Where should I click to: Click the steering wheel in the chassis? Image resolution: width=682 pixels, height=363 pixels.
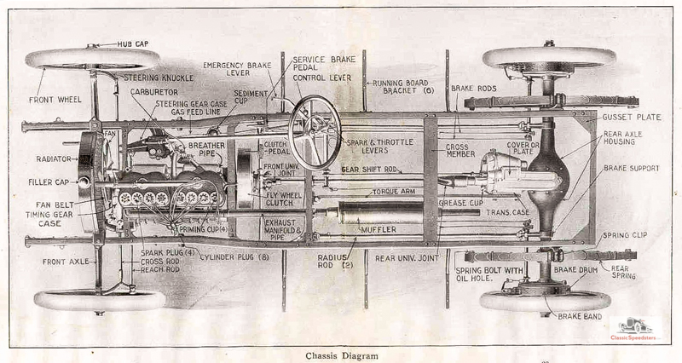click(x=315, y=131)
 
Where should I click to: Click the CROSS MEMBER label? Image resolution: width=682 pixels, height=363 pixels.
click(x=460, y=152)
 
